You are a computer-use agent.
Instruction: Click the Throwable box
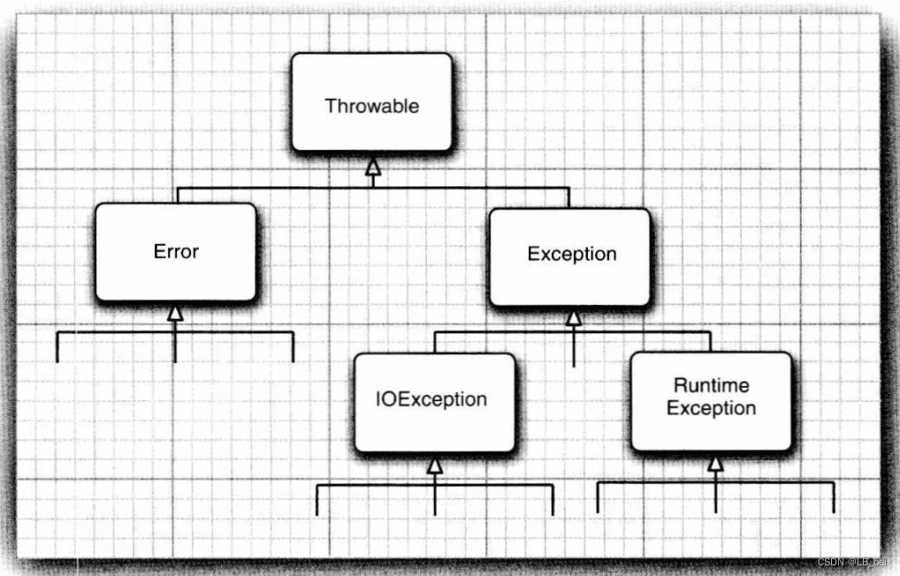(x=371, y=102)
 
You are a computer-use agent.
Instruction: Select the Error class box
(x=176, y=252)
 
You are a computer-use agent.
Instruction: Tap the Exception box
(x=570, y=257)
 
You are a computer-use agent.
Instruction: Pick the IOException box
(x=434, y=402)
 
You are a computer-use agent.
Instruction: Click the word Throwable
(x=371, y=106)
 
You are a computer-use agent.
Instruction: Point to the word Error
(x=176, y=251)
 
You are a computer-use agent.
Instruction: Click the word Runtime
(x=711, y=385)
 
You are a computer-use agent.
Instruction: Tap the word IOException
(x=431, y=398)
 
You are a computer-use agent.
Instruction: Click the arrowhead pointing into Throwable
(x=373, y=166)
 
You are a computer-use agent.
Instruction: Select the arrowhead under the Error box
(x=175, y=312)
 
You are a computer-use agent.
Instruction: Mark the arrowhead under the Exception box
(x=574, y=317)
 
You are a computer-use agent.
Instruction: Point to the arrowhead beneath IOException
(x=434, y=465)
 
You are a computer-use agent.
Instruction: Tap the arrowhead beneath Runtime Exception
(x=715, y=463)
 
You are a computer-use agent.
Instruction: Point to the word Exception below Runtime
(x=711, y=409)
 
